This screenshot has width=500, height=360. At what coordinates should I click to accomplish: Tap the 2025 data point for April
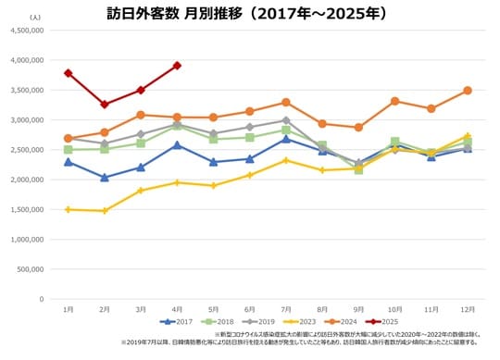point(177,66)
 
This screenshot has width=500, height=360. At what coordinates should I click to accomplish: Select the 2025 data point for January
point(69,73)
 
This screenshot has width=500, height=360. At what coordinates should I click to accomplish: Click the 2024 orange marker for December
point(468,91)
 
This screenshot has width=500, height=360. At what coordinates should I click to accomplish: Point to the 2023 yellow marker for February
point(105,211)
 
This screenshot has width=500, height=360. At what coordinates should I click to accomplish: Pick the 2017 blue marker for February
point(105,178)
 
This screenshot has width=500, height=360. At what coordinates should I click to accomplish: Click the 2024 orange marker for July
point(286,102)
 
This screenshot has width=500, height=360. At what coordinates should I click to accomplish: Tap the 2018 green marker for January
point(69,149)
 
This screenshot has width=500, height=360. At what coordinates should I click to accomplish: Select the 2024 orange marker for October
point(395,101)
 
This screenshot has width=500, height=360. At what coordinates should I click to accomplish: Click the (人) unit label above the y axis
point(34,17)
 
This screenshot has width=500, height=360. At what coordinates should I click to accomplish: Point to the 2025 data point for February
point(105,104)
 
